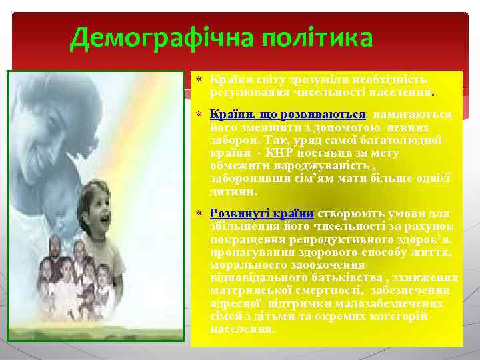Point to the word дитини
[x=233, y=191]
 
